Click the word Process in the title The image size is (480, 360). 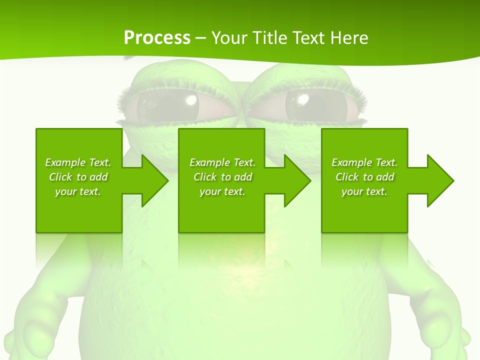click(x=157, y=37)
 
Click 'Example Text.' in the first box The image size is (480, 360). click(x=78, y=162)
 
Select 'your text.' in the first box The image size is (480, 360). click(x=78, y=191)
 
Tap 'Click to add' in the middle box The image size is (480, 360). click(x=222, y=177)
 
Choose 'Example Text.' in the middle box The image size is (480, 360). click(x=222, y=162)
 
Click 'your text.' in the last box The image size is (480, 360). click(x=364, y=191)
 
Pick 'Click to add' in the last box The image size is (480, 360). click(x=364, y=177)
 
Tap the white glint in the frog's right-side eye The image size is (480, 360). click(x=302, y=99)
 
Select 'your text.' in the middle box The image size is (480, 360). click(x=222, y=191)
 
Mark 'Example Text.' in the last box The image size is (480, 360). click(x=364, y=162)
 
